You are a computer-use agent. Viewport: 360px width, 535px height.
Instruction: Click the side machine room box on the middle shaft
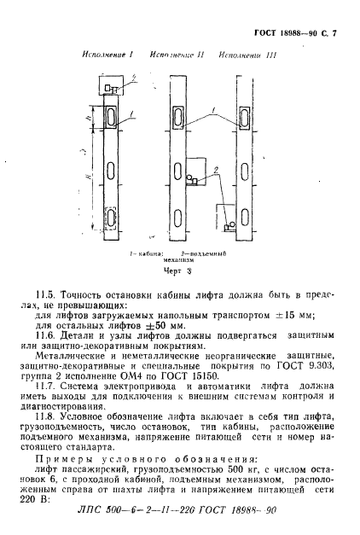(199, 171)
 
